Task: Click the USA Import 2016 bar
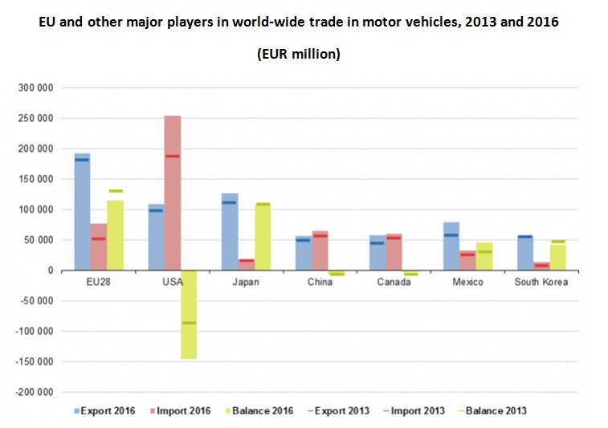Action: click(x=173, y=193)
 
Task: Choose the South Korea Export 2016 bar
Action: click(x=524, y=253)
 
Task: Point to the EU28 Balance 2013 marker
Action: click(x=116, y=191)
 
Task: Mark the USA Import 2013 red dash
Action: click(x=173, y=156)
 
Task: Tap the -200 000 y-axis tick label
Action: click(x=35, y=392)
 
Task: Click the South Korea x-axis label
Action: click(x=541, y=283)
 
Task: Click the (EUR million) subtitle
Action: click(x=299, y=55)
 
